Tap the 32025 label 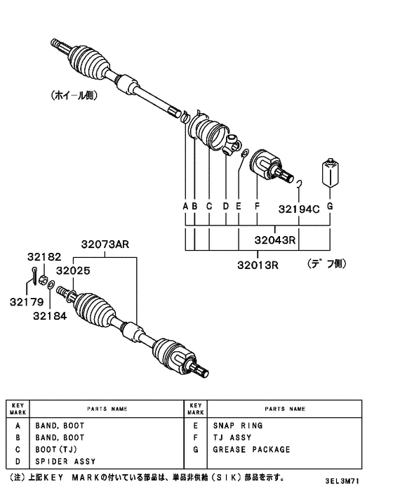click(x=72, y=270)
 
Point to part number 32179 click(x=27, y=301)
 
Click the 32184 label click(x=49, y=315)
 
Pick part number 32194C click(x=298, y=209)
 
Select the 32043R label click(x=277, y=240)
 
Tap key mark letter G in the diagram click(x=329, y=207)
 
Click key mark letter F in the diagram click(x=258, y=207)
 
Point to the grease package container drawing click(x=329, y=172)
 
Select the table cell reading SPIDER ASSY click(x=65, y=462)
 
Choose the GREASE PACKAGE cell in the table click(x=251, y=450)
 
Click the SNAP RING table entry click(x=238, y=426)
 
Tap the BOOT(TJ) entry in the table click(x=59, y=450)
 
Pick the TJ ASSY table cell click(x=232, y=438)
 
